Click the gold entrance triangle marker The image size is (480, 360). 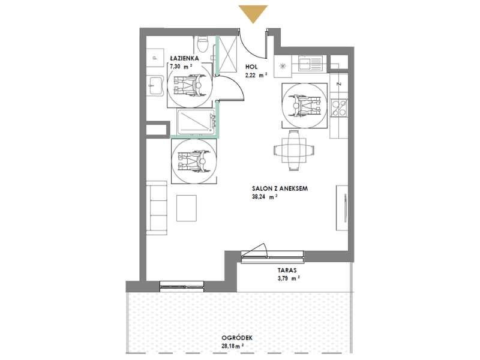[x=253, y=13]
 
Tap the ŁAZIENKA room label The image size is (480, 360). [x=185, y=58]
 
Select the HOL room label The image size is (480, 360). [x=251, y=67]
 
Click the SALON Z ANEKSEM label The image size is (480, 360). [x=280, y=188]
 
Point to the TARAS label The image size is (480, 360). [x=287, y=271]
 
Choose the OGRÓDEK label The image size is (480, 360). [x=237, y=338]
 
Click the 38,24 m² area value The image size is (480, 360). [x=265, y=197]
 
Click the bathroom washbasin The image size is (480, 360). [x=155, y=86]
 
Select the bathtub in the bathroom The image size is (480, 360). [x=196, y=122]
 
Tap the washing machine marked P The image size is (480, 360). [x=155, y=58]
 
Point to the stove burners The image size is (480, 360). [x=340, y=108]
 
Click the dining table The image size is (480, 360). [x=294, y=150]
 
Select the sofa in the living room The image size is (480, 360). [x=157, y=208]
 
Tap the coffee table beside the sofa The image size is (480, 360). [x=187, y=208]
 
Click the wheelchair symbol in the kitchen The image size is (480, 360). [x=305, y=106]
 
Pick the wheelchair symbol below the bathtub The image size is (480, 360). [x=194, y=161]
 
